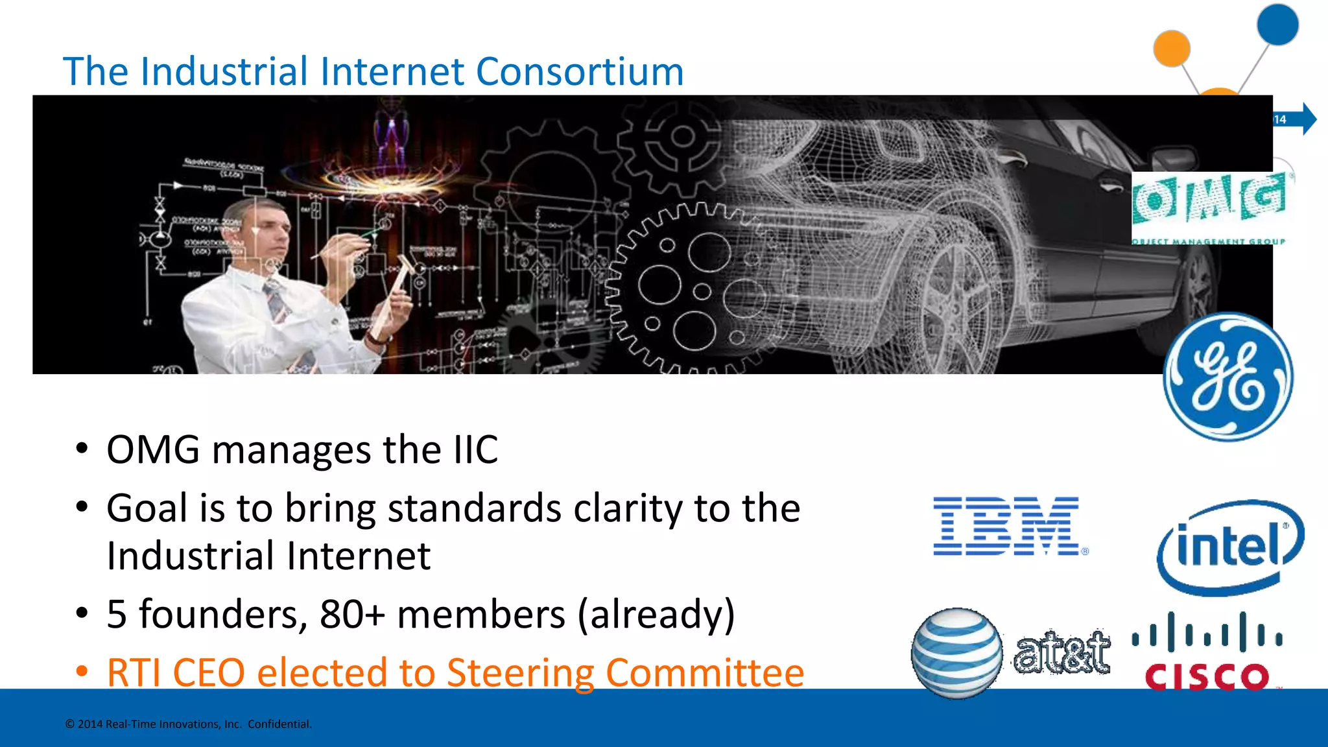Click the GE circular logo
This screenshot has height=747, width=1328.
1227,377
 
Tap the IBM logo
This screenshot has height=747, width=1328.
1009,527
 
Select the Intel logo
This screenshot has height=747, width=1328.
1229,547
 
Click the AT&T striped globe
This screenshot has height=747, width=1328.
956,652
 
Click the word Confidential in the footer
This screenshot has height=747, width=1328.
279,724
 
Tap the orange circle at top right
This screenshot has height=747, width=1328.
1172,48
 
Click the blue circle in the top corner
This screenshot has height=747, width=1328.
1277,25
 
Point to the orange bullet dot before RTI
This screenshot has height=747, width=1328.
82,671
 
